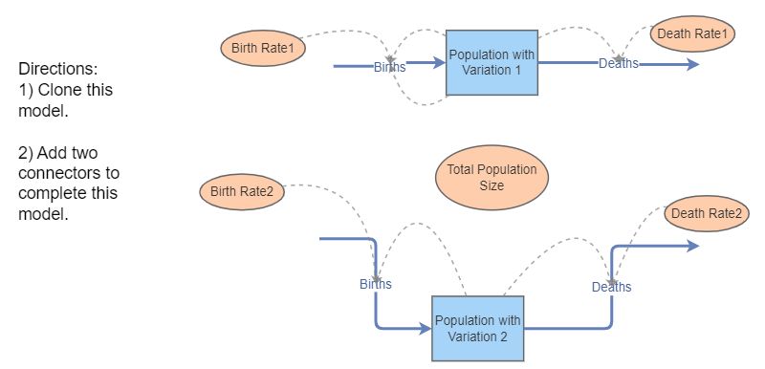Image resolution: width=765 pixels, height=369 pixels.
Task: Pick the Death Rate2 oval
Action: point(705,214)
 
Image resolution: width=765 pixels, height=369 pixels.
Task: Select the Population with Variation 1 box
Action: point(492,62)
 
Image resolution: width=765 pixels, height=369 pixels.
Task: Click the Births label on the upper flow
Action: point(389,67)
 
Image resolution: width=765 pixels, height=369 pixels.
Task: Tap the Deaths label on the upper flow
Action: point(619,63)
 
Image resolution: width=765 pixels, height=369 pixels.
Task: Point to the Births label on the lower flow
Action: point(375,284)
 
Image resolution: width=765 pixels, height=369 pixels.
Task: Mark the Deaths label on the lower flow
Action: point(611,287)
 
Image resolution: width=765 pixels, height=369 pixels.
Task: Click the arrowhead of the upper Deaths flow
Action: point(692,64)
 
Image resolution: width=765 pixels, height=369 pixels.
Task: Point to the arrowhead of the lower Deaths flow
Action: point(692,245)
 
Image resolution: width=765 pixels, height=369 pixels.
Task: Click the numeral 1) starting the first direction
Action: point(26,91)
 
